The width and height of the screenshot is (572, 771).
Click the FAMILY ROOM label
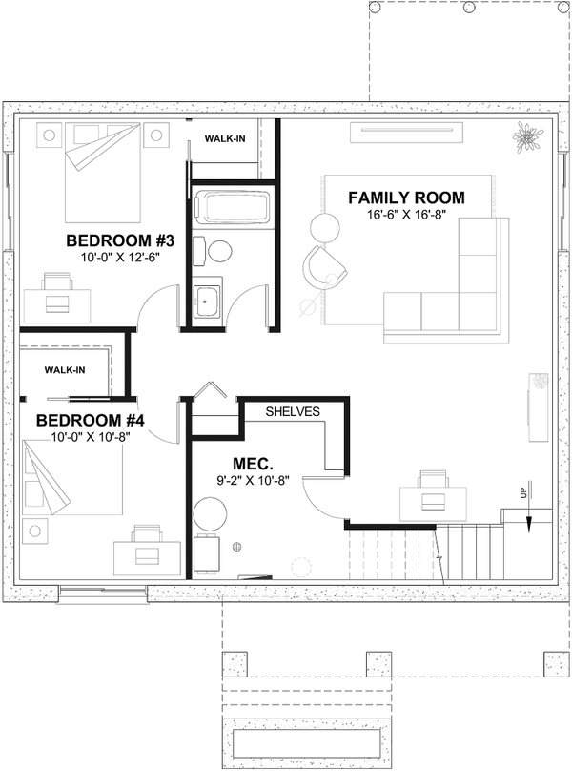406,198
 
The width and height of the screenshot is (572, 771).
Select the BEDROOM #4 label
90,420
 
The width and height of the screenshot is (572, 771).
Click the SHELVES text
292,411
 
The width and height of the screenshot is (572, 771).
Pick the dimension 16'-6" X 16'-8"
406,216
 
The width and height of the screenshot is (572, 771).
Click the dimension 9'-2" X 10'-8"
241,481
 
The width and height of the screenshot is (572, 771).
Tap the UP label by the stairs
521,495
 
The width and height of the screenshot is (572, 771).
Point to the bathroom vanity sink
207,301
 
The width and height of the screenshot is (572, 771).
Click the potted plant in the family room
527,137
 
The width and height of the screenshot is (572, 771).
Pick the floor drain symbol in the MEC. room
237,547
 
